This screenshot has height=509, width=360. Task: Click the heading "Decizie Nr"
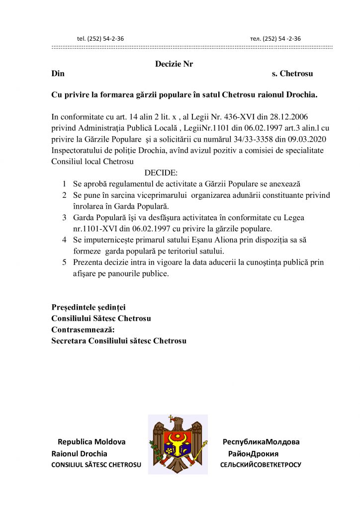point(174,64)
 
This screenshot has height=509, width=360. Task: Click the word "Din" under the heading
point(58,74)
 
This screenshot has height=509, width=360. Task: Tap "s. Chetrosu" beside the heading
point(292,74)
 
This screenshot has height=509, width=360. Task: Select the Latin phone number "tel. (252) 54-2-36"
point(100,38)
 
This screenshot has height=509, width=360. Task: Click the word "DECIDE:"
point(161,173)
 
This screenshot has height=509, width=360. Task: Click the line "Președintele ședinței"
point(89,307)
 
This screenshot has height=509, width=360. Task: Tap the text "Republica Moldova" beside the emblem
point(91,441)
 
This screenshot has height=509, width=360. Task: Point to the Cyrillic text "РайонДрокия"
point(253,453)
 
